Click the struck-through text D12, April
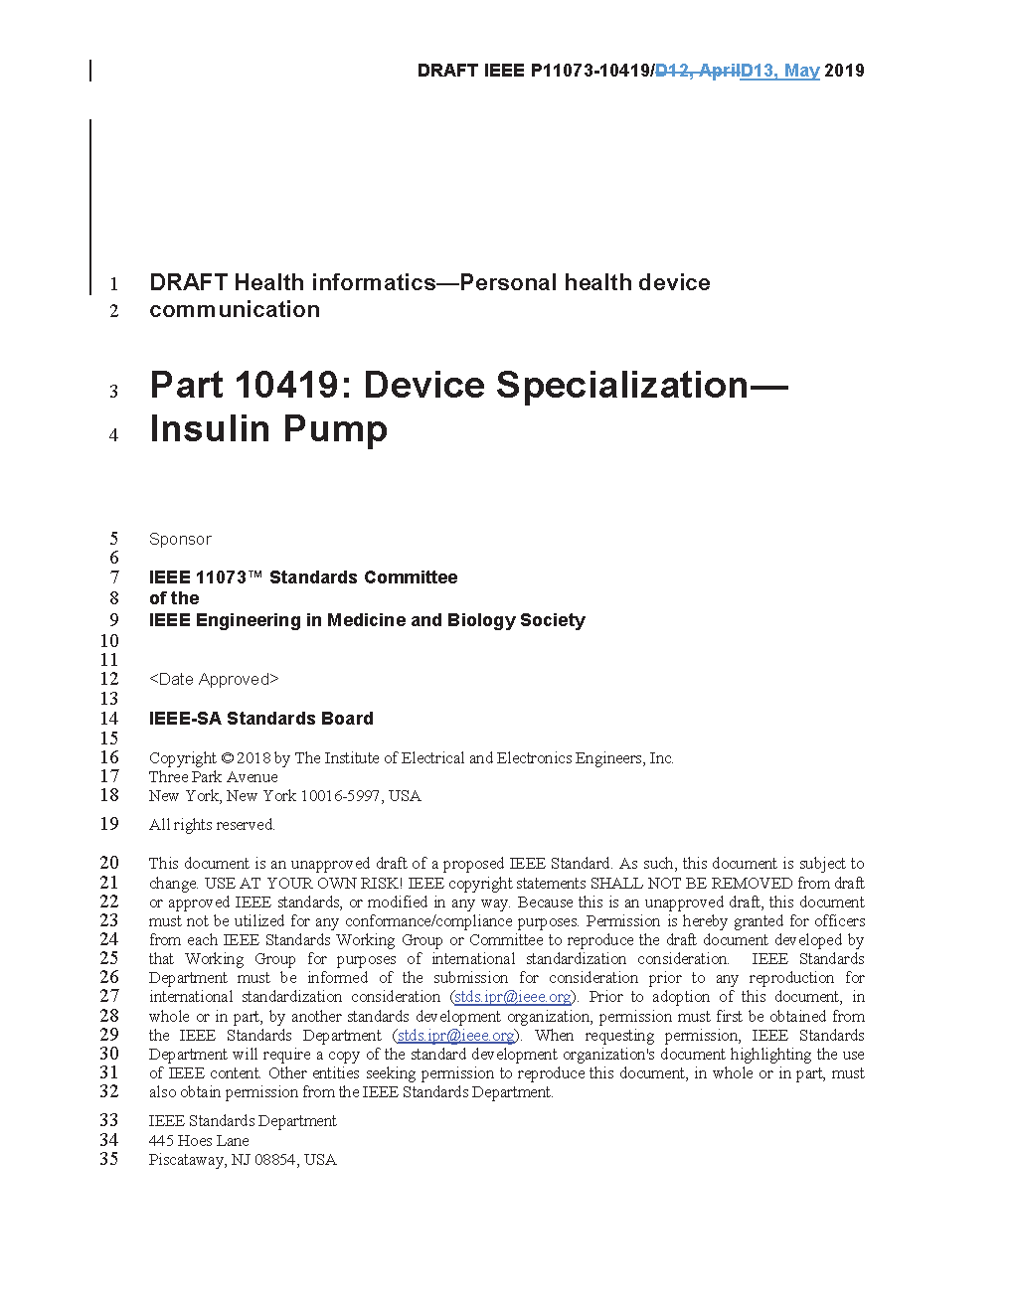click(697, 71)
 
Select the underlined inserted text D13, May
click(780, 71)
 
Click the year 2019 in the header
click(844, 71)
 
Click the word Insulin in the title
click(210, 429)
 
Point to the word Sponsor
click(180, 539)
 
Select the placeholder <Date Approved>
click(214, 679)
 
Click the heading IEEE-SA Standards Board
click(261, 719)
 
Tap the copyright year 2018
click(253, 758)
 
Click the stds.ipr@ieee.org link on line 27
click(512, 997)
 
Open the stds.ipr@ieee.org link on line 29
click(455, 1036)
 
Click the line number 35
click(109, 1159)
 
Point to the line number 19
click(109, 824)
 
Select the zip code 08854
click(275, 1160)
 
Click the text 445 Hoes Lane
click(199, 1141)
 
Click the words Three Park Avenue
click(214, 777)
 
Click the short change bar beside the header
click(90, 71)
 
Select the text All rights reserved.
click(212, 825)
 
